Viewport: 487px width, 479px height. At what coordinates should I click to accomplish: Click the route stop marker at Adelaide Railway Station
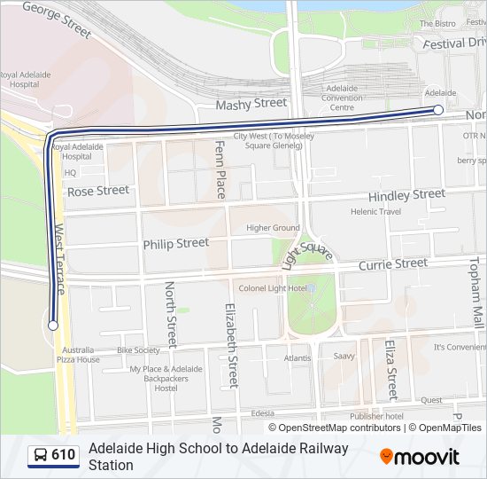coord(438,110)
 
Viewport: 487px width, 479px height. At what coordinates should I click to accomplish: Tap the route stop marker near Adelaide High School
coord(53,326)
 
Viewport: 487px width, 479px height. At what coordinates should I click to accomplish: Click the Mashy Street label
coord(251,104)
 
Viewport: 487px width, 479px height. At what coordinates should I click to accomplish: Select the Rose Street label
coord(98,191)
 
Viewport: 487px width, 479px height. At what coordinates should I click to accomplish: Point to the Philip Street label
coord(176,243)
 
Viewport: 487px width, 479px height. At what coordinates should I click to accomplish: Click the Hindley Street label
coord(406,195)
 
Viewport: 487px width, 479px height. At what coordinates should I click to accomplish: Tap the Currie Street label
coord(392,264)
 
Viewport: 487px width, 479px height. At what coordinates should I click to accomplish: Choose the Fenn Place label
coord(220,169)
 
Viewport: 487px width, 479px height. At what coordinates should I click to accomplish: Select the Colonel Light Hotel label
coord(273,288)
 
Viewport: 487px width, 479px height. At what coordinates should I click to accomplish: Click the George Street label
coord(57,19)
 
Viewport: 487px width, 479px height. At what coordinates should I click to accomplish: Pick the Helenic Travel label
coord(375,212)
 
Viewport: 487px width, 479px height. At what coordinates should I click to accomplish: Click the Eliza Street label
coord(390,369)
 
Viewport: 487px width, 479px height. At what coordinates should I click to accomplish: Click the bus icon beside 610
coord(40,456)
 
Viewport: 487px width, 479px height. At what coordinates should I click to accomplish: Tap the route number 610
coord(64,456)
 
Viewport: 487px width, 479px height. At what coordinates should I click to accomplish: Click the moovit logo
coord(420,457)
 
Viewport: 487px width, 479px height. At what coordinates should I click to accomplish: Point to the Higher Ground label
coord(273,228)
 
